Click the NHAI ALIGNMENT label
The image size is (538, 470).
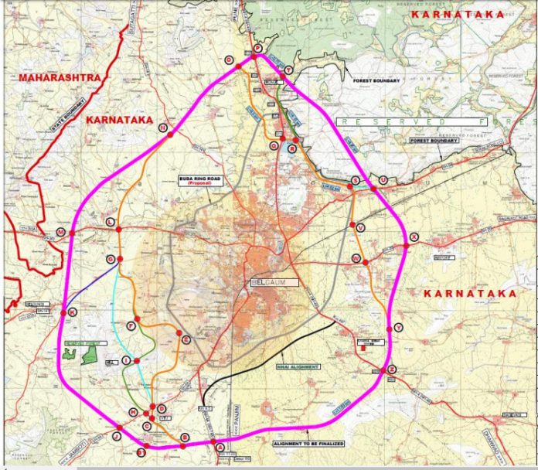pyautogui.click(x=297, y=366)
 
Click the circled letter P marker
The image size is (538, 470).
pyautogui.click(x=257, y=49)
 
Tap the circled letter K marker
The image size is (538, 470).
pyautogui.click(x=73, y=312)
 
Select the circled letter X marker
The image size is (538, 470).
pyautogui.click(x=414, y=237)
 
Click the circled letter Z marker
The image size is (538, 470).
pyautogui.click(x=392, y=370)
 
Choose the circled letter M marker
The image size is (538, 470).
pyautogui.click(x=61, y=232)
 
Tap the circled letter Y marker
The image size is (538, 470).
pyautogui.click(x=398, y=328)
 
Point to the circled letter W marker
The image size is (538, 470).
pyautogui.click(x=356, y=258)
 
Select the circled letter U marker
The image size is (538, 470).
pyautogui.click(x=383, y=180)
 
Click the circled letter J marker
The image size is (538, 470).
pyautogui.click(x=116, y=436)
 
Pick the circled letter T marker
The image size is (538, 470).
pyautogui.click(x=288, y=70)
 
